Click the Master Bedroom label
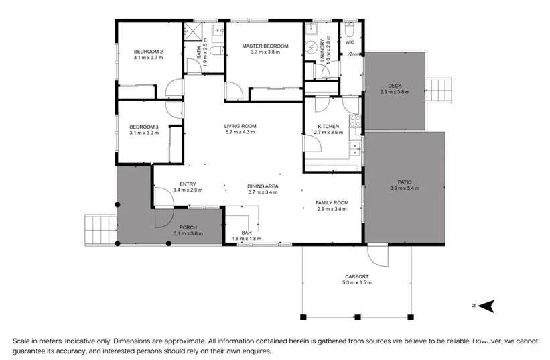pyautogui.click(x=265, y=46)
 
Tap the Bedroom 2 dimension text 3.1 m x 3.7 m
pyautogui.click(x=148, y=58)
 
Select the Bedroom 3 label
pyautogui.click(x=144, y=127)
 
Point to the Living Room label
pyautogui.click(x=240, y=126)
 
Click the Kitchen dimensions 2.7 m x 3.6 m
pyautogui.click(x=328, y=133)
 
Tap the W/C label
pyautogui.click(x=350, y=42)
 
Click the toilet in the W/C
pyautogui.click(x=350, y=31)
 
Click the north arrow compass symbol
pyautogui.click(x=486, y=306)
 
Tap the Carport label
pyautogui.click(x=356, y=276)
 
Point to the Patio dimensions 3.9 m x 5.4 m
pyautogui.click(x=405, y=188)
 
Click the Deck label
pyautogui.click(x=395, y=86)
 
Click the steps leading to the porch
pyautogui.click(x=100, y=230)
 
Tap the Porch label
pyautogui.click(x=188, y=227)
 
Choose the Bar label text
pyautogui.click(x=247, y=233)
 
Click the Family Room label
pyautogui.click(x=332, y=203)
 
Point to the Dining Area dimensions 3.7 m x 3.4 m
pyautogui.click(x=263, y=192)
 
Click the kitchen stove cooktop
pyautogui.click(x=355, y=121)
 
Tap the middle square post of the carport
pyautogui.click(x=358, y=317)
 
